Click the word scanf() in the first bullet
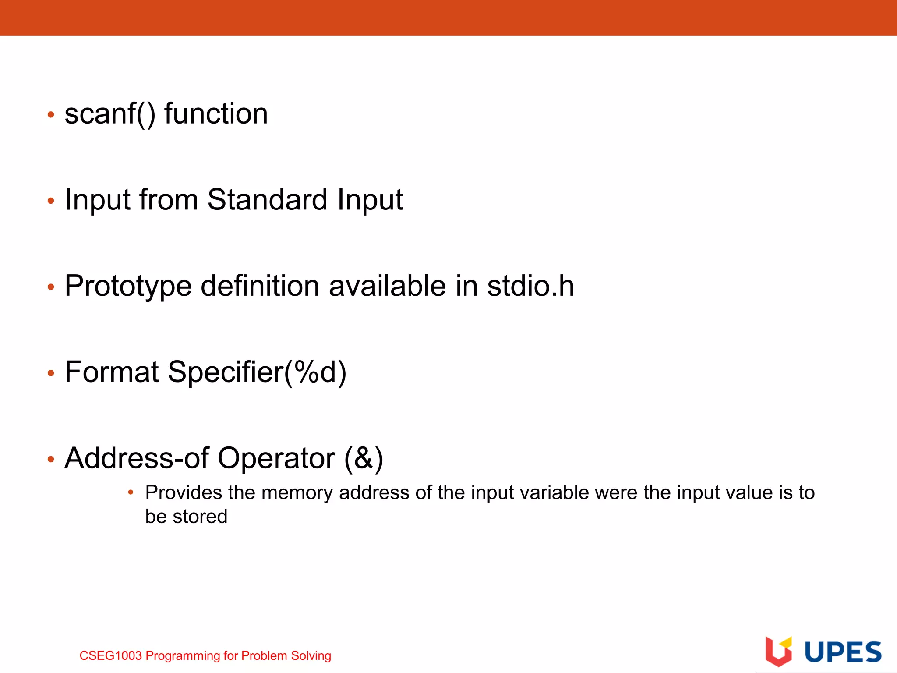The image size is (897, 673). tap(109, 114)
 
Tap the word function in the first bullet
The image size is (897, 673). tap(215, 114)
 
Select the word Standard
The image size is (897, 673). tap(267, 200)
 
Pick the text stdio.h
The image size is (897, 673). tap(530, 286)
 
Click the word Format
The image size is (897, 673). tap(112, 372)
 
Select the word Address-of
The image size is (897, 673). tap(136, 458)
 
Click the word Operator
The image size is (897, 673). tap(276, 458)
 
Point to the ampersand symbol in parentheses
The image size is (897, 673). tap(364, 458)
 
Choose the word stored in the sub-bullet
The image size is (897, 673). tap(200, 517)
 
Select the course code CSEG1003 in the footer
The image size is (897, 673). tap(111, 656)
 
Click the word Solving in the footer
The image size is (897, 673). tap(311, 656)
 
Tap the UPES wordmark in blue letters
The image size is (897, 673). tap(843, 652)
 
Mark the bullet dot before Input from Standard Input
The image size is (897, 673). tap(51, 201)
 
